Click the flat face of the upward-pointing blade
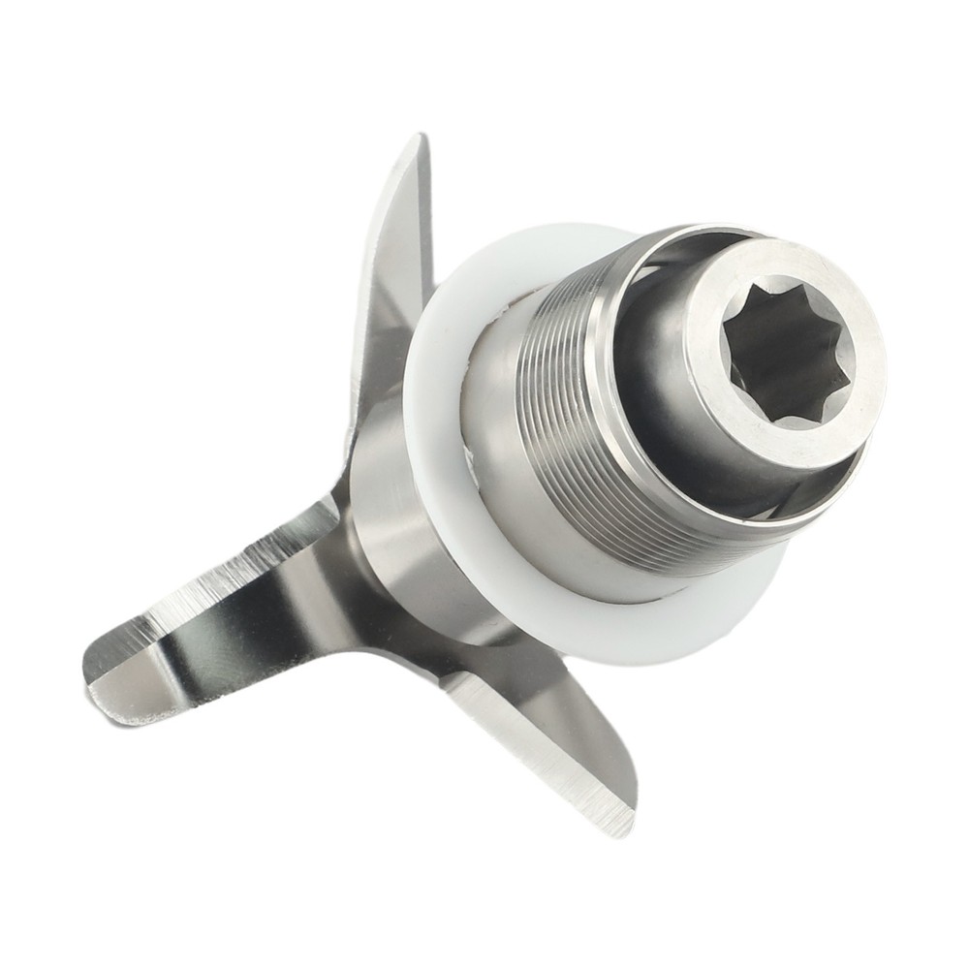pos(397,252)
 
